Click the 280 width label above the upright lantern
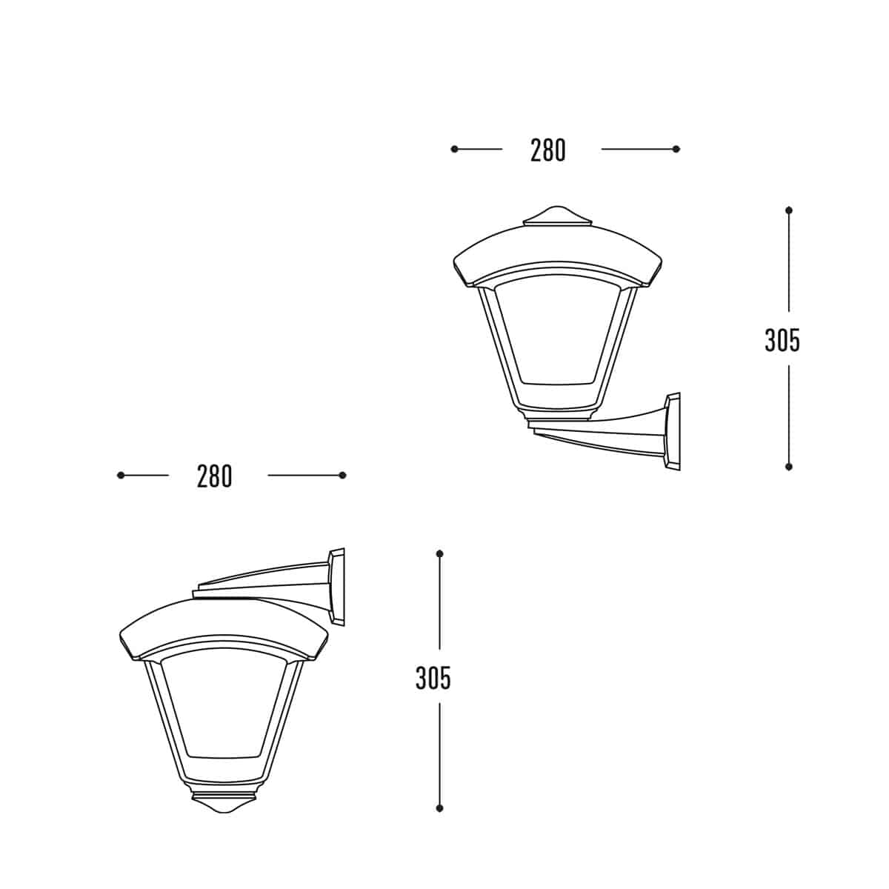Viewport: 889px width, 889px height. [548, 150]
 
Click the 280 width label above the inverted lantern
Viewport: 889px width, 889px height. [215, 476]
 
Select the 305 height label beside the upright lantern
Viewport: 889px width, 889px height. [782, 340]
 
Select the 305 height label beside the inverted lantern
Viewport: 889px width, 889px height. [433, 678]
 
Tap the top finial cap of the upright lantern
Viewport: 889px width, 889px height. [557, 216]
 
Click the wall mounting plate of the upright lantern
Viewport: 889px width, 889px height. [673, 432]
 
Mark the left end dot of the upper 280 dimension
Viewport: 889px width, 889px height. [454, 149]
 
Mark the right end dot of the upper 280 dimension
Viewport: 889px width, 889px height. [676, 149]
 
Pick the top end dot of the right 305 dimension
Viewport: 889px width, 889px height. [789, 210]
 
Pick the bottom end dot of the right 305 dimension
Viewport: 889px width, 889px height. [789, 467]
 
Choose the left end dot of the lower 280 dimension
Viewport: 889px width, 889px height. [121, 475]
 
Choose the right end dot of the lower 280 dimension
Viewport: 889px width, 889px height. [342, 475]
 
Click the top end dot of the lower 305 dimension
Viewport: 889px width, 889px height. [440, 553]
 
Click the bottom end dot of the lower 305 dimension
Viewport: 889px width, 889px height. [440, 808]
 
